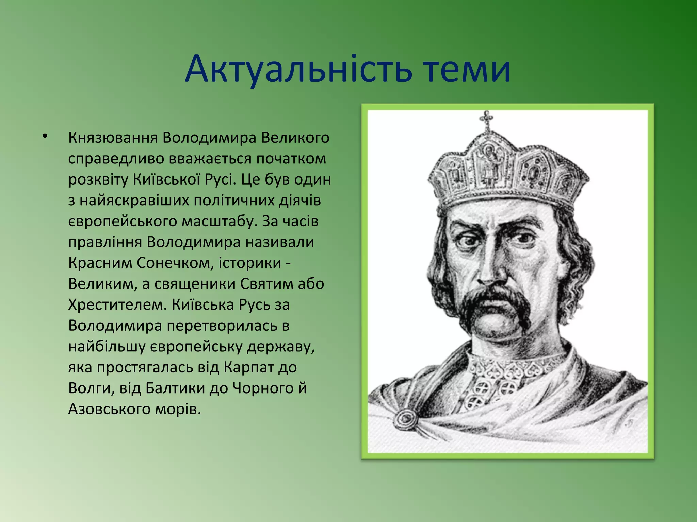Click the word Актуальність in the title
click(x=298, y=70)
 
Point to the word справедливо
click(x=116, y=159)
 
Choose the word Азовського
click(x=109, y=409)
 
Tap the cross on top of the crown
click(x=486, y=119)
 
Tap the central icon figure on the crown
click(x=489, y=163)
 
